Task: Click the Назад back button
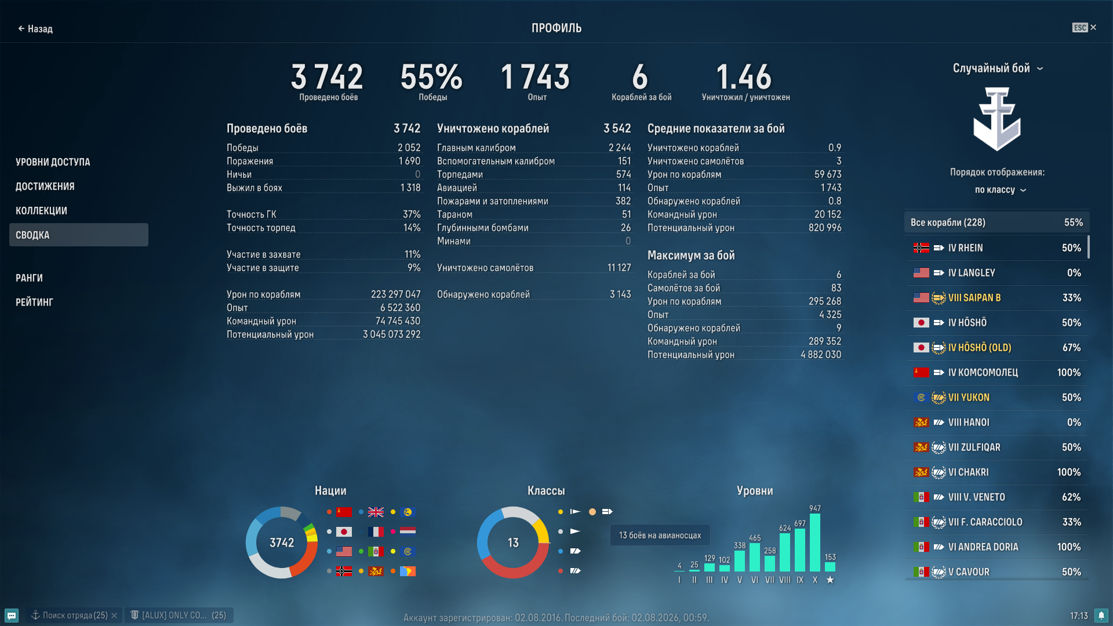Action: pos(35,28)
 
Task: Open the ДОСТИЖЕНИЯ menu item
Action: pos(45,186)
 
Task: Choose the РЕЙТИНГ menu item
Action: pos(34,302)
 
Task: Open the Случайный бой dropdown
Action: pos(997,68)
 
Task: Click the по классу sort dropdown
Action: pos(1000,190)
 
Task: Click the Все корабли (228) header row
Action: pos(996,222)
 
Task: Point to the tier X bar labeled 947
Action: pos(815,543)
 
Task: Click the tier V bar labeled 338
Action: pos(740,561)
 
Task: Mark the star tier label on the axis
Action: pos(830,580)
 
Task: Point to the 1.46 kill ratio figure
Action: pos(744,77)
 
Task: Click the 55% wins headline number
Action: pos(431,77)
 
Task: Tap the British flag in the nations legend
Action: pos(376,512)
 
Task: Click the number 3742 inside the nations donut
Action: pos(282,543)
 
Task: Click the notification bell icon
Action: pos(1101,616)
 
